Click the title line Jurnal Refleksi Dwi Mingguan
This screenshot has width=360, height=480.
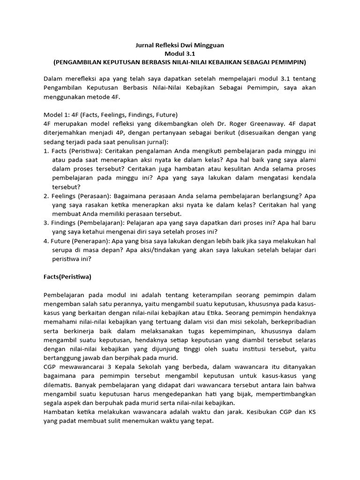(x=180, y=45)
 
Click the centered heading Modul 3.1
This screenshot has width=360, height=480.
(x=180, y=53)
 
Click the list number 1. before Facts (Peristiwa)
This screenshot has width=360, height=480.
(x=46, y=151)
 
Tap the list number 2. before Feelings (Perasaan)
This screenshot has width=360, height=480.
(x=46, y=196)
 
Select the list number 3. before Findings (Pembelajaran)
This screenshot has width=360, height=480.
(x=46, y=223)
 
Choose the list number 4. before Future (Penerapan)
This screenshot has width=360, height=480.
(x=46, y=240)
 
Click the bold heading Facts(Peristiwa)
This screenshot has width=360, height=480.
(x=67, y=277)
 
